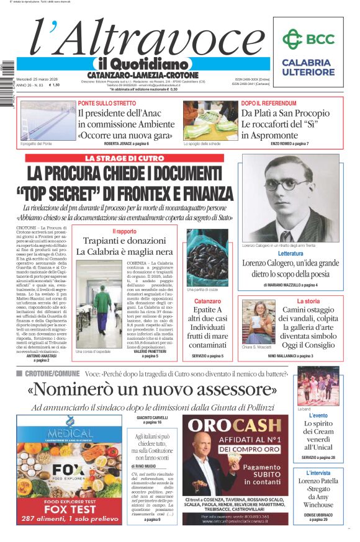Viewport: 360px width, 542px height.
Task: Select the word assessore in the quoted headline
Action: [x=230, y=390]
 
